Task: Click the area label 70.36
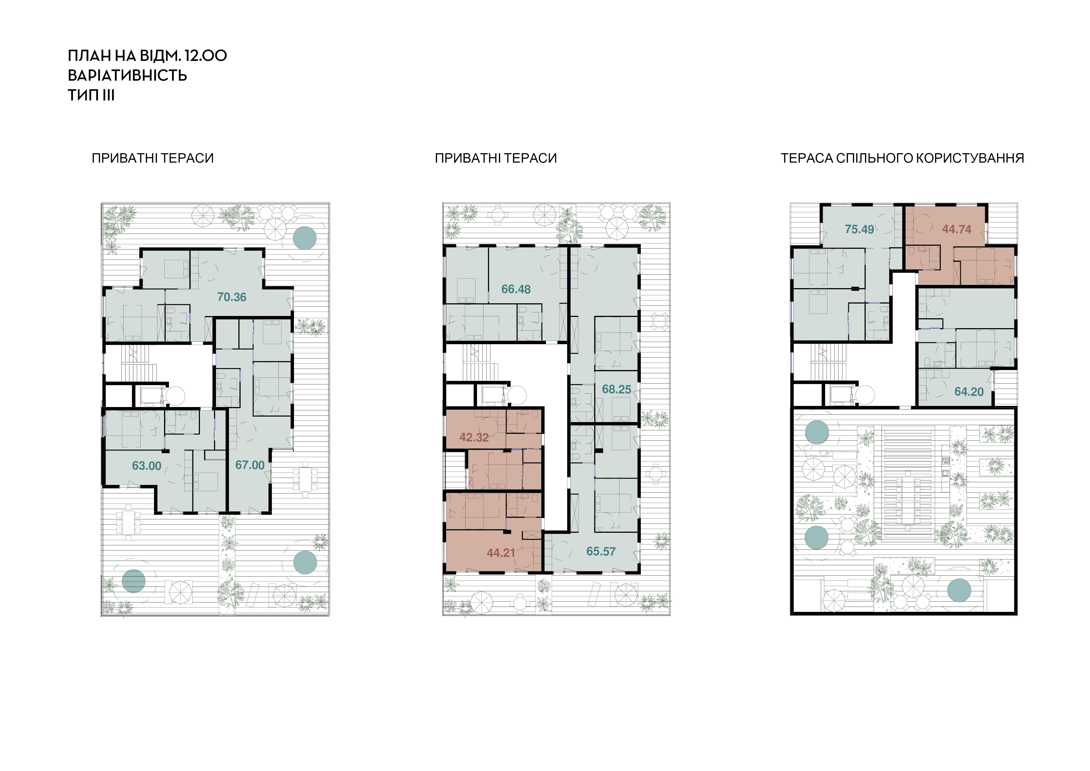pyautogui.click(x=232, y=297)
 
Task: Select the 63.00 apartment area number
pyautogui.click(x=147, y=466)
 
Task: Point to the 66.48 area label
pyautogui.click(x=516, y=289)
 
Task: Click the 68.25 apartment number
pyautogui.click(x=617, y=389)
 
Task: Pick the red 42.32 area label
pyautogui.click(x=474, y=437)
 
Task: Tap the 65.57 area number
pyautogui.click(x=601, y=552)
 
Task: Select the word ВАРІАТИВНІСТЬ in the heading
pyautogui.click(x=127, y=75)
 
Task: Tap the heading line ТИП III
pyautogui.click(x=91, y=95)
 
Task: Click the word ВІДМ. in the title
pyautogui.click(x=160, y=56)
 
